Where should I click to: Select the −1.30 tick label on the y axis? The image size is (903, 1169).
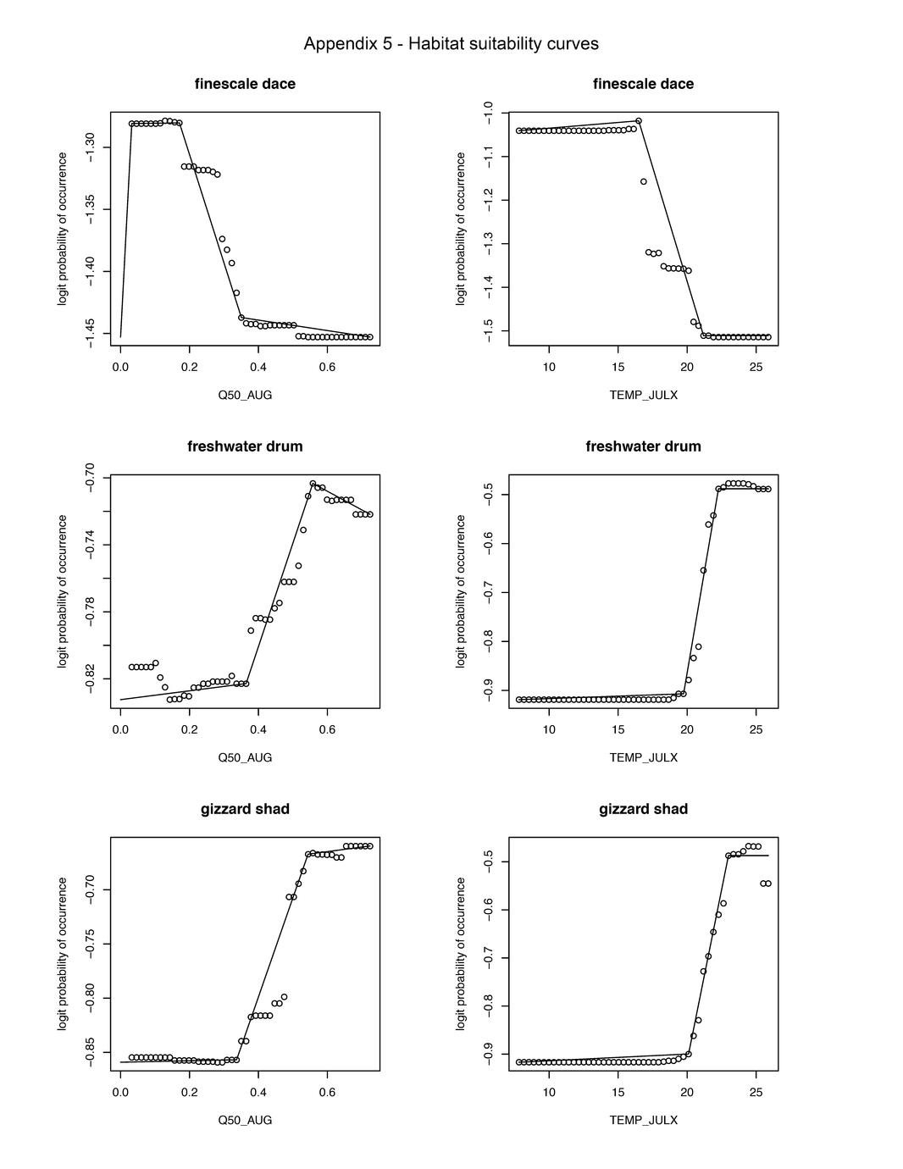91,148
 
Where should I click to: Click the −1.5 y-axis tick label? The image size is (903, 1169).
489,331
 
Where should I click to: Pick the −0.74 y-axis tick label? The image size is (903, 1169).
91,545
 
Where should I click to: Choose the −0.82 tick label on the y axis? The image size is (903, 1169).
91,679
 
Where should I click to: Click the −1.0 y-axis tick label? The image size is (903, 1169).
489,113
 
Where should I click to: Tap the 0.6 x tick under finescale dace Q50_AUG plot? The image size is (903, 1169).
328,367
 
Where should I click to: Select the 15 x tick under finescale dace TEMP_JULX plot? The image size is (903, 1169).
618,367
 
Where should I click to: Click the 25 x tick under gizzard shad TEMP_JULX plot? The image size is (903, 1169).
756,1092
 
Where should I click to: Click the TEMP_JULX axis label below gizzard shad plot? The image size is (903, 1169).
643,1120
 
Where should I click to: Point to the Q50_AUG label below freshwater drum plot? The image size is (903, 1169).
245,757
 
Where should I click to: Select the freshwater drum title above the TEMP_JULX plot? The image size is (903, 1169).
643,446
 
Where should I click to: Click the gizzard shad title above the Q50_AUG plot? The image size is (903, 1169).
245,809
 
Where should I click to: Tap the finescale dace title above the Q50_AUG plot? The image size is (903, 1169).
245,84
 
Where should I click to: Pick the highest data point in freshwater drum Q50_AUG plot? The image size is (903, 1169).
313,484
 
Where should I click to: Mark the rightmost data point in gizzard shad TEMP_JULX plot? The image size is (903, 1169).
768,884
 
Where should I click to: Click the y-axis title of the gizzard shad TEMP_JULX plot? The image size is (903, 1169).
462,954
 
